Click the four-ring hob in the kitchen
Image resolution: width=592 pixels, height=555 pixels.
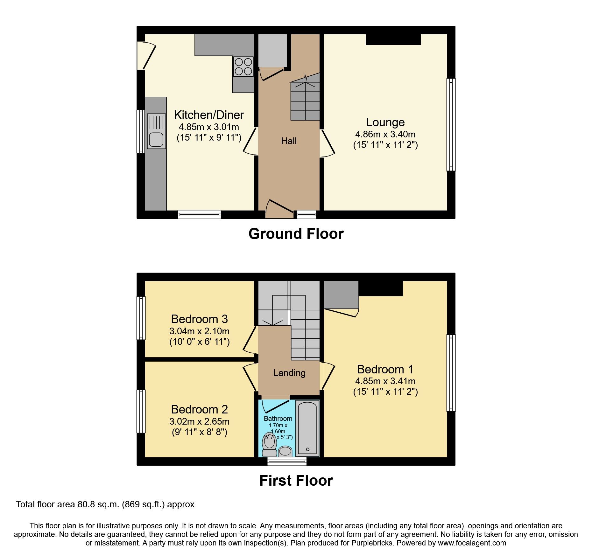click(x=243, y=66)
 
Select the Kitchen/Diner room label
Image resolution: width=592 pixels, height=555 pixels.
click(x=209, y=115)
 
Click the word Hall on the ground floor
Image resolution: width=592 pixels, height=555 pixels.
click(x=289, y=141)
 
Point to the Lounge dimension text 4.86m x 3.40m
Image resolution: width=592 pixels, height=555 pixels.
click(x=385, y=134)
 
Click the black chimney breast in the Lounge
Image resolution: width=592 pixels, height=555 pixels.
click(x=393, y=39)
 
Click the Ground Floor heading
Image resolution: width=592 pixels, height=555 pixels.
click(x=296, y=234)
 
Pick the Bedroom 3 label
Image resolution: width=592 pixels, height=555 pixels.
click(x=199, y=319)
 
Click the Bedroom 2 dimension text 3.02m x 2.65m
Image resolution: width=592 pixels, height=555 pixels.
click(x=199, y=421)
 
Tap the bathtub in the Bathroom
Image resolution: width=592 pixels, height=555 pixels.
click(x=307, y=428)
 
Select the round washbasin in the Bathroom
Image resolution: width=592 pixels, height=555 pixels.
click(x=285, y=451)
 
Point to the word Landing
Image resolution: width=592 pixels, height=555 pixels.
click(x=289, y=373)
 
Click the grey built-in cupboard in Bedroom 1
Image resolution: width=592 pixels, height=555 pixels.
click(x=341, y=295)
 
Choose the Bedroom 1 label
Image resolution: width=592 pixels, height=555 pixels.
click(x=385, y=369)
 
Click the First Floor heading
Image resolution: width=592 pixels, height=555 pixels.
click(x=296, y=480)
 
